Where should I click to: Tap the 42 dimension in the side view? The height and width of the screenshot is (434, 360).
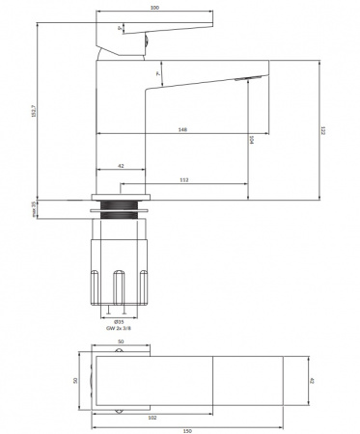tap(120, 167)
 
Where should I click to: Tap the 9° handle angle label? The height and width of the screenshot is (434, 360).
tap(119, 29)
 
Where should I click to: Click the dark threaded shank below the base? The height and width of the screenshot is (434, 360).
tap(121, 212)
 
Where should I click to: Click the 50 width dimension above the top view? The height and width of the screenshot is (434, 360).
tap(121, 342)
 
